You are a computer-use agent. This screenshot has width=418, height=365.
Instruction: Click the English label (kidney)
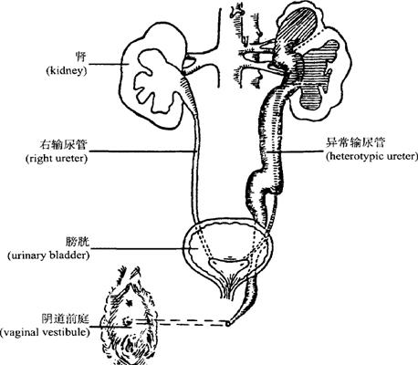coord(67,71)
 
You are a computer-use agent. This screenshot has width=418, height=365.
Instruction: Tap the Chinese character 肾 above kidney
coord(80,57)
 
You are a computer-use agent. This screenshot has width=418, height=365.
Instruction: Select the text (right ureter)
coord(57,159)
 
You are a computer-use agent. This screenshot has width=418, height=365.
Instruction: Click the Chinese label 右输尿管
coord(63,144)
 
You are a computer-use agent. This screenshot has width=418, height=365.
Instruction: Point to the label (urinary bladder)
coord(48,255)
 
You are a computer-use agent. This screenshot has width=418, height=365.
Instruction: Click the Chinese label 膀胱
coord(78,242)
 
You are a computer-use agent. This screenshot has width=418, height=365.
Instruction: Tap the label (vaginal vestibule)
coord(45,332)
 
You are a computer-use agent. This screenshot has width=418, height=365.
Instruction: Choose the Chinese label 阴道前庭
coord(66,318)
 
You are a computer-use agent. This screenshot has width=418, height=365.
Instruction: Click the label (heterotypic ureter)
coord(371,156)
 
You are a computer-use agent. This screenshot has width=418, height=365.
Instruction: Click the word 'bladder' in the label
coord(72,255)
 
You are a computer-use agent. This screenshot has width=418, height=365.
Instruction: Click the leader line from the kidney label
coord(110,64)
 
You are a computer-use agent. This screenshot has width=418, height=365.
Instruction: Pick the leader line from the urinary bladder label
coord(145,249)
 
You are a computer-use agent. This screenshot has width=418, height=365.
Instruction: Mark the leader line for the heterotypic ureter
coord(294,151)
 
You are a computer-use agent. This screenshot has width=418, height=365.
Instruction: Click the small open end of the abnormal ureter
coord(228,324)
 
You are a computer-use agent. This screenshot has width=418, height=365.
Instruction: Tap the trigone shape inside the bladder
coord(228,265)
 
